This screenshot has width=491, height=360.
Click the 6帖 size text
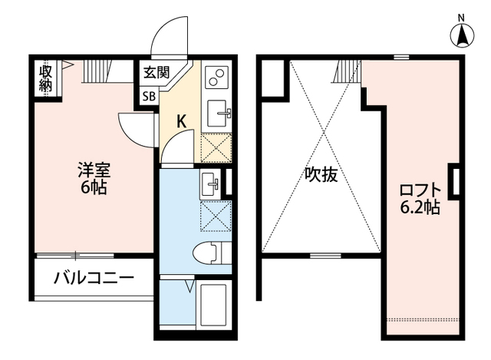(92, 187)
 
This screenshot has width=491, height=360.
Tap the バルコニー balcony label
(93, 278)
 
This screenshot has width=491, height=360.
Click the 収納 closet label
(46, 78)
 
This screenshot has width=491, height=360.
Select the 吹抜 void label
(321, 174)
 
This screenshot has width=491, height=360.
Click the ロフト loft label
(420, 190)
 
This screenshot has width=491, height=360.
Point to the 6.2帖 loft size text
(420, 207)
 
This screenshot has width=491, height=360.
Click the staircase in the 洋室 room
(97, 71)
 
